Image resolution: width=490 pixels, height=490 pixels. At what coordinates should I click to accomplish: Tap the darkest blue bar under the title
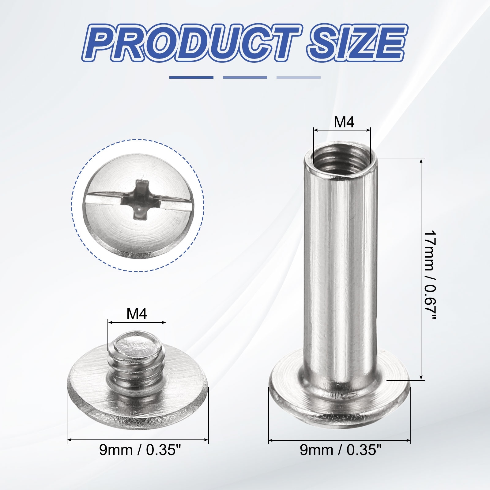coord(191,77)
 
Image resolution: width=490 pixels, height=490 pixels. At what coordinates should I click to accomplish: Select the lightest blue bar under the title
coord(299,77)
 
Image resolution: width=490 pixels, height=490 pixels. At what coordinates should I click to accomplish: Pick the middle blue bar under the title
coord(245,77)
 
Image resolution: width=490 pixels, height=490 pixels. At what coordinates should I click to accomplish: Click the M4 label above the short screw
coord(137,314)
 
